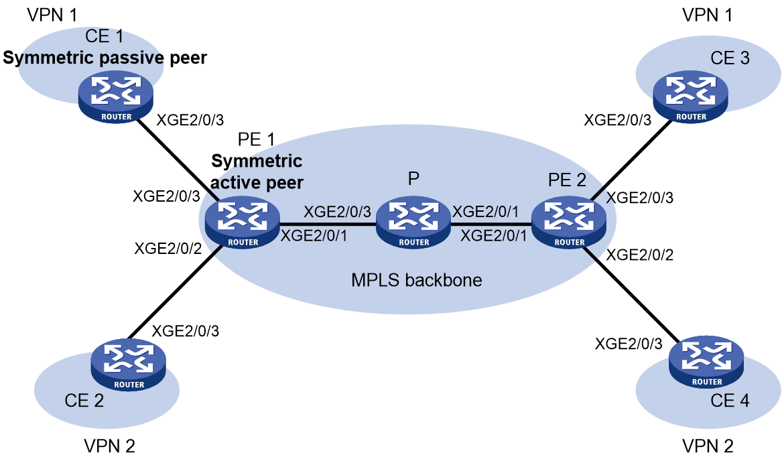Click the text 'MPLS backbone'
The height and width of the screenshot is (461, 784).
(x=417, y=280)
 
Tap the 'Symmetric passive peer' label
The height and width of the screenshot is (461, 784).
(x=105, y=58)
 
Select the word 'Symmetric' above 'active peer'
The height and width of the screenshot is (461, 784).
(x=257, y=161)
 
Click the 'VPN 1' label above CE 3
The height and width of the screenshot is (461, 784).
(x=707, y=15)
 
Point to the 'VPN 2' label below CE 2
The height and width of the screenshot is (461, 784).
(x=109, y=446)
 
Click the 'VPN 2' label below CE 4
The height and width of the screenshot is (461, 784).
(x=708, y=446)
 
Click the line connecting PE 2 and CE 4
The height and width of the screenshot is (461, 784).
(x=635, y=294)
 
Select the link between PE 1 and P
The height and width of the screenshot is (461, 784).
(x=328, y=224)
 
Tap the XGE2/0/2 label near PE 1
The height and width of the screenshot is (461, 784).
(x=168, y=248)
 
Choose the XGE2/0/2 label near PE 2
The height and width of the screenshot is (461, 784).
(x=639, y=255)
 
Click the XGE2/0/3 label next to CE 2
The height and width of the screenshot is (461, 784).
(x=186, y=331)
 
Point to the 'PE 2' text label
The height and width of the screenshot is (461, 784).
(x=567, y=180)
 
